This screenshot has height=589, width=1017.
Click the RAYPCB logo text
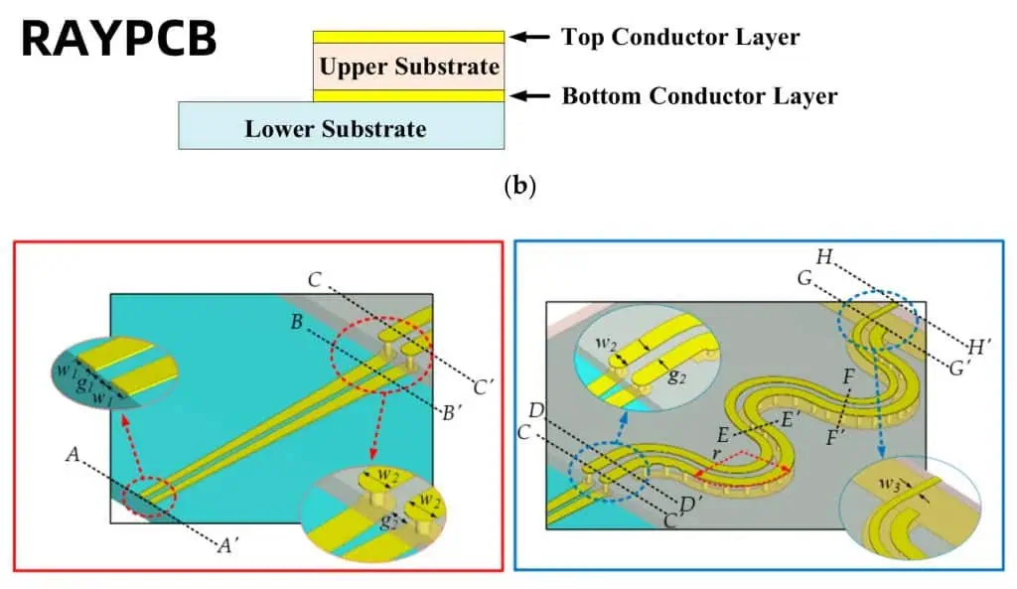(118, 40)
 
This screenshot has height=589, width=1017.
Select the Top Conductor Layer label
(680, 38)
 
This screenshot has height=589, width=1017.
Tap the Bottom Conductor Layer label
(699, 96)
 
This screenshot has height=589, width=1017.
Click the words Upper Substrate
(409, 68)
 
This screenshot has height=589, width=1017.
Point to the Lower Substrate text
(336, 128)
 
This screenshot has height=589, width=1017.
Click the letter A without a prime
(73, 454)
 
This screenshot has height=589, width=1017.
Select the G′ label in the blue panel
(960, 368)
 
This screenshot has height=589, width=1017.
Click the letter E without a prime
(722, 434)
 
